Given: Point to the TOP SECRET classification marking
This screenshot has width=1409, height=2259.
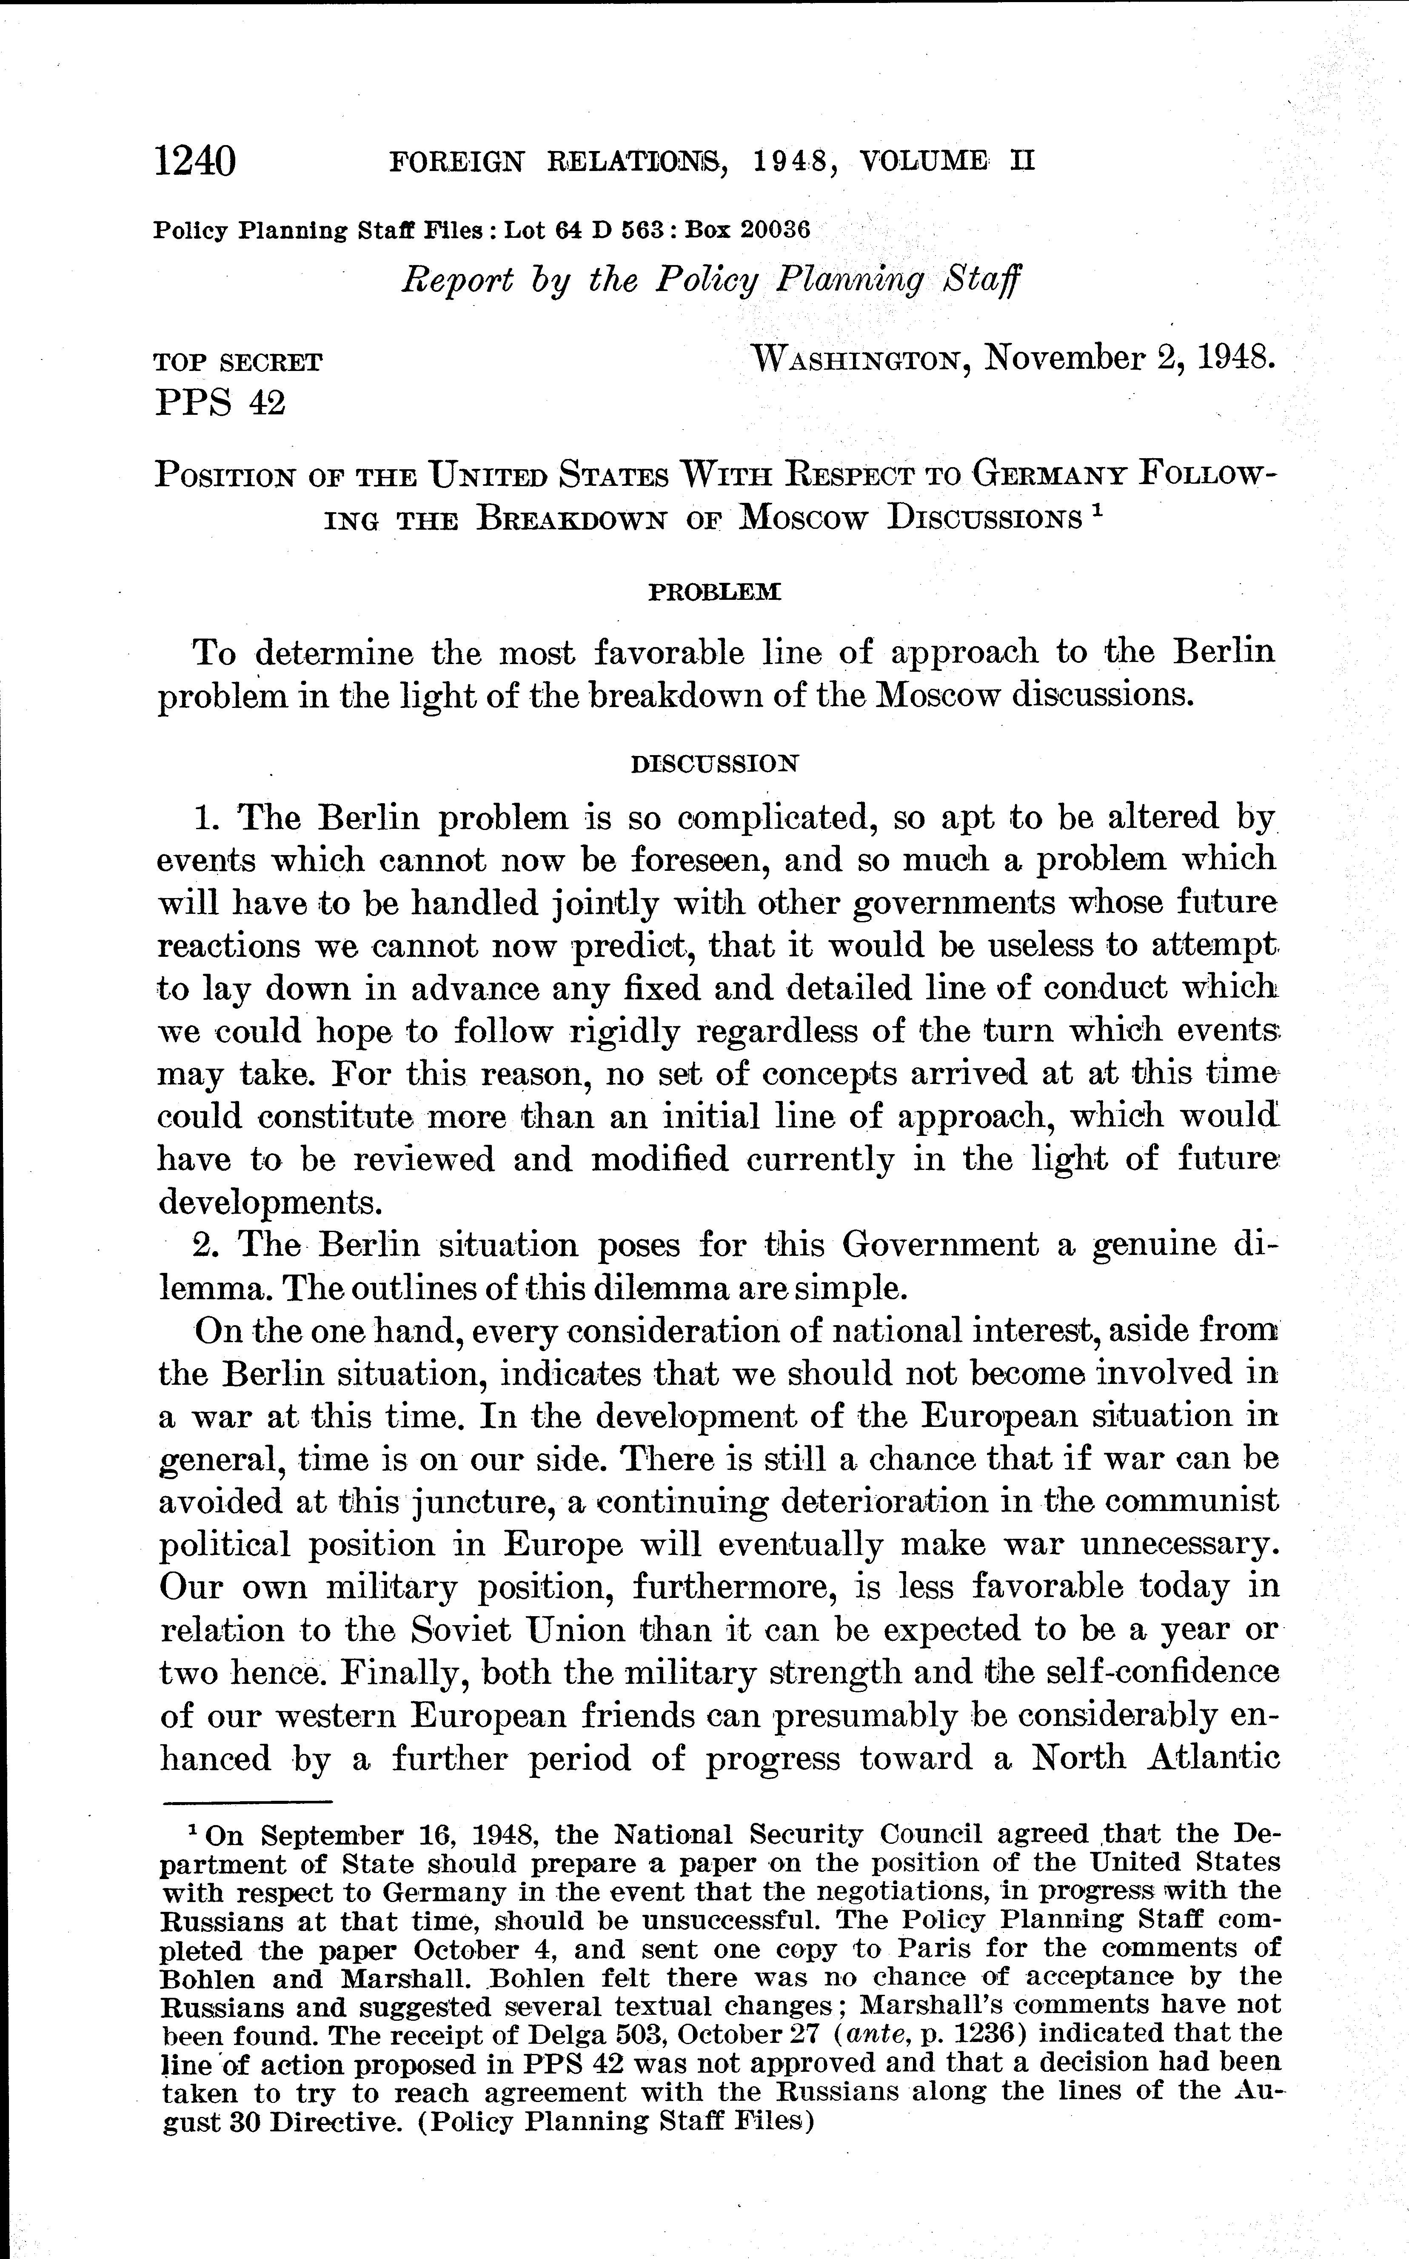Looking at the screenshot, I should (x=238, y=362).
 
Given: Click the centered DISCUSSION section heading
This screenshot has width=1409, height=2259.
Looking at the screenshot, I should (x=715, y=764).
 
